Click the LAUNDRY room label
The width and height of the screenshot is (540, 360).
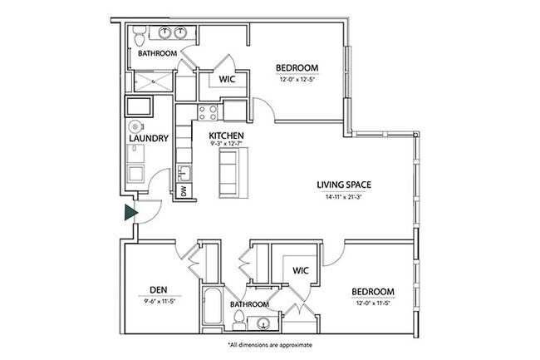[150, 138]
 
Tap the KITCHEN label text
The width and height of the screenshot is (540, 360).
[225, 135]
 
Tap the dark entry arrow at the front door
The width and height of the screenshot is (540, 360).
[130, 213]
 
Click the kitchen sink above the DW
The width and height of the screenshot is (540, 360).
[184, 173]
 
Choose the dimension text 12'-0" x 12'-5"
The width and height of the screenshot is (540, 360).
[297, 81]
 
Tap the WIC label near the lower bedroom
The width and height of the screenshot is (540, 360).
[300, 269]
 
